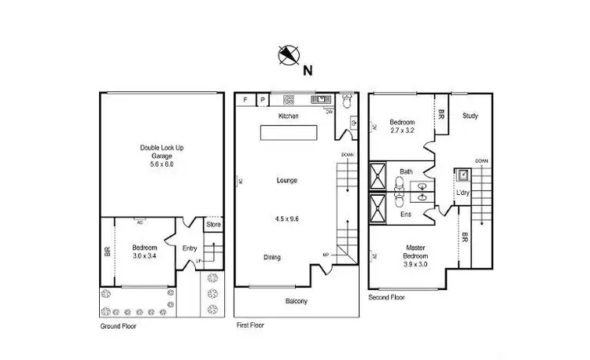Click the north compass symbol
pos(289,55)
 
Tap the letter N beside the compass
pos(308,69)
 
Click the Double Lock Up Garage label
pos(161,152)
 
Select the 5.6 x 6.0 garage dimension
pos(161,165)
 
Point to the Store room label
pos(213,225)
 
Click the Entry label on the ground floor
pos(190,248)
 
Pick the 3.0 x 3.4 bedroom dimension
pos(145,256)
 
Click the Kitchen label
pos(288,116)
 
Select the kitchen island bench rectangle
pos(288,134)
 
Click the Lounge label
pos(286,181)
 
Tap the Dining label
pos(272,257)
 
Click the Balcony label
pos(296,301)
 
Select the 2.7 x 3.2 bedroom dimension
pos(402,130)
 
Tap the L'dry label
pos(463,193)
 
